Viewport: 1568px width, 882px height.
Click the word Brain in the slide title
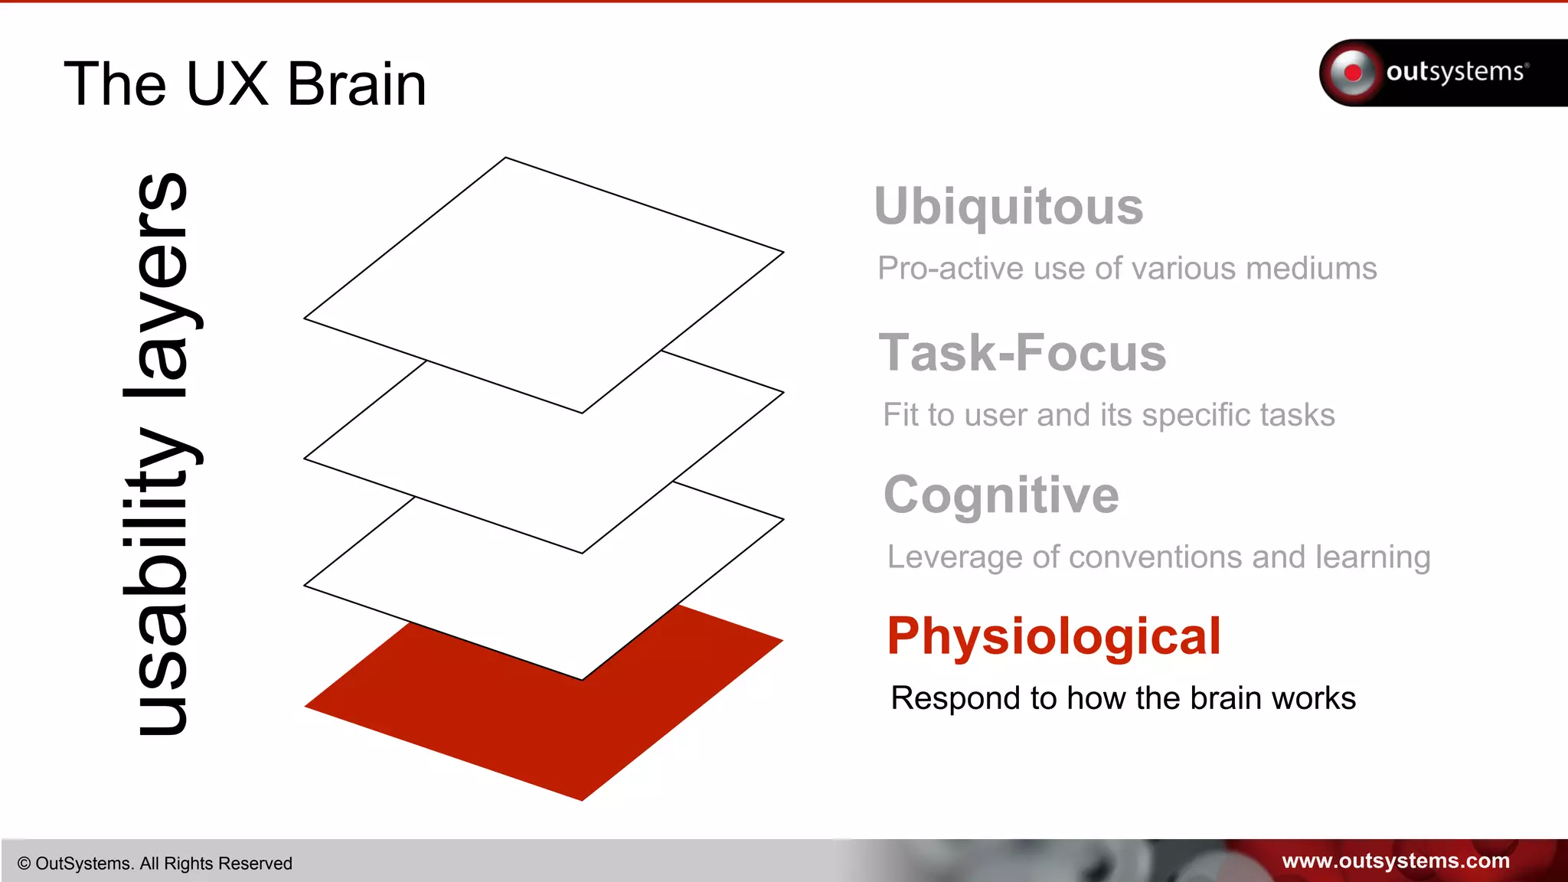click(356, 84)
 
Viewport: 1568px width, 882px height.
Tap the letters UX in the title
click(227, 84)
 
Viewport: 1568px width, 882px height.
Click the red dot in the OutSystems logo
click(1353, 73)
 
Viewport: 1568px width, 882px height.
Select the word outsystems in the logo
click(1455, 72)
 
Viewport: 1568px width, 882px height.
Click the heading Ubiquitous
click(1008, 207)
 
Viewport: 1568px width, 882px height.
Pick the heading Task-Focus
click(1022, 353)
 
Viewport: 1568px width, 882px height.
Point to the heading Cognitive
click(1001, 495)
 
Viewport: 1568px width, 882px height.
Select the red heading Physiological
click(1053, 636)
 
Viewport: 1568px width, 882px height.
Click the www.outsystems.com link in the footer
click(1395, 861)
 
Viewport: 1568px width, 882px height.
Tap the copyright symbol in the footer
click(24, 864)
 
